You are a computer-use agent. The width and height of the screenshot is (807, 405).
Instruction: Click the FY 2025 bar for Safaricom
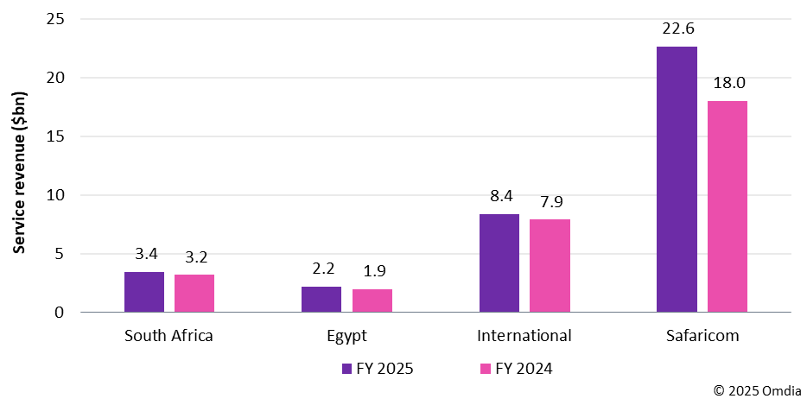(677, 179)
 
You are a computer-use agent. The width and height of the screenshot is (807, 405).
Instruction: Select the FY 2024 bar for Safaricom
(728, 206)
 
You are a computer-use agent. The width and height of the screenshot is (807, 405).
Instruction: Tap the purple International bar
(499, 263)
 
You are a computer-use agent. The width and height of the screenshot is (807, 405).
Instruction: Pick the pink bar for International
(550, 265)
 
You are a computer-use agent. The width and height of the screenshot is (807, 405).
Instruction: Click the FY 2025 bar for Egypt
(321, 299)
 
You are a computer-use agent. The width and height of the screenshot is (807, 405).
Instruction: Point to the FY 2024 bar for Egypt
(372, 301)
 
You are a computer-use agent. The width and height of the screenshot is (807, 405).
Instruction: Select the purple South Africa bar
(144, 292)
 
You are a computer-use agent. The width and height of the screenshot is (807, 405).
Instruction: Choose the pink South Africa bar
(194, 293)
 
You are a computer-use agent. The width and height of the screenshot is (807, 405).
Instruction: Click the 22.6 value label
(677, 28)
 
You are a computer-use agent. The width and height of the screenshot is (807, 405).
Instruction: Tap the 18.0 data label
(728, 83)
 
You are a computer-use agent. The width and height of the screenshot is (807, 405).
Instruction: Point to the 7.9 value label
(550, 201)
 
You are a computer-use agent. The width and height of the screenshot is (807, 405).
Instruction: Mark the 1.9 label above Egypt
(372, 271)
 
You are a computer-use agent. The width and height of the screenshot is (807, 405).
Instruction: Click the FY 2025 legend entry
(378, 369)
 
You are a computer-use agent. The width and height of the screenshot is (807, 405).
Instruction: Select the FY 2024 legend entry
(516, 369)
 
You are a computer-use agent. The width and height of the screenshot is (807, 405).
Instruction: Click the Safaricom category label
(702, 335)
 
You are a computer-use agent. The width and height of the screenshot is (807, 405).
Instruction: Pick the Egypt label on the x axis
(346, 335)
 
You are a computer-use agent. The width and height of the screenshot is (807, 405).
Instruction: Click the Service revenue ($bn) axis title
(18, 164)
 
